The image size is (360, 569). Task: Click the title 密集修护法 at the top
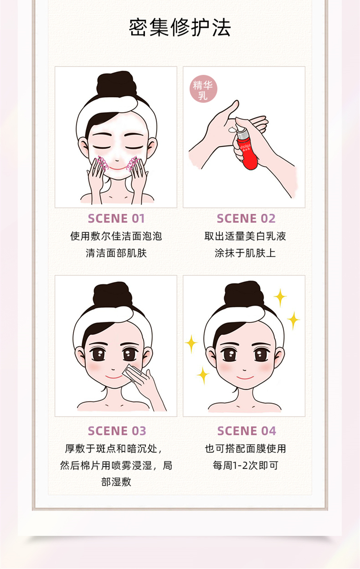180,28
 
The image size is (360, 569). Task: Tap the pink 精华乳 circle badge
203,88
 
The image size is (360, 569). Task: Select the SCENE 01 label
116,218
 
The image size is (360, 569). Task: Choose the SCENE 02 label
246,218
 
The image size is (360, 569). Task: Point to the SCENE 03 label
117,431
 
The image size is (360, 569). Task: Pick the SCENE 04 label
247,431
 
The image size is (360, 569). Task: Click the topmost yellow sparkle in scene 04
280,297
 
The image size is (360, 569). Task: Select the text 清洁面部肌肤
116,253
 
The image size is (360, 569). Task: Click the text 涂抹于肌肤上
245,253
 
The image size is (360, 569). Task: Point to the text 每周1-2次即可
246,466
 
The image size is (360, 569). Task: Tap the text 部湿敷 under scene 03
116,482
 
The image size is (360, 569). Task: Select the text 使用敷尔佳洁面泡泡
116,236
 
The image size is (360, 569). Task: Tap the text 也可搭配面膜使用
246,449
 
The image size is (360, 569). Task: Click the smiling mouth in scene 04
245,378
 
